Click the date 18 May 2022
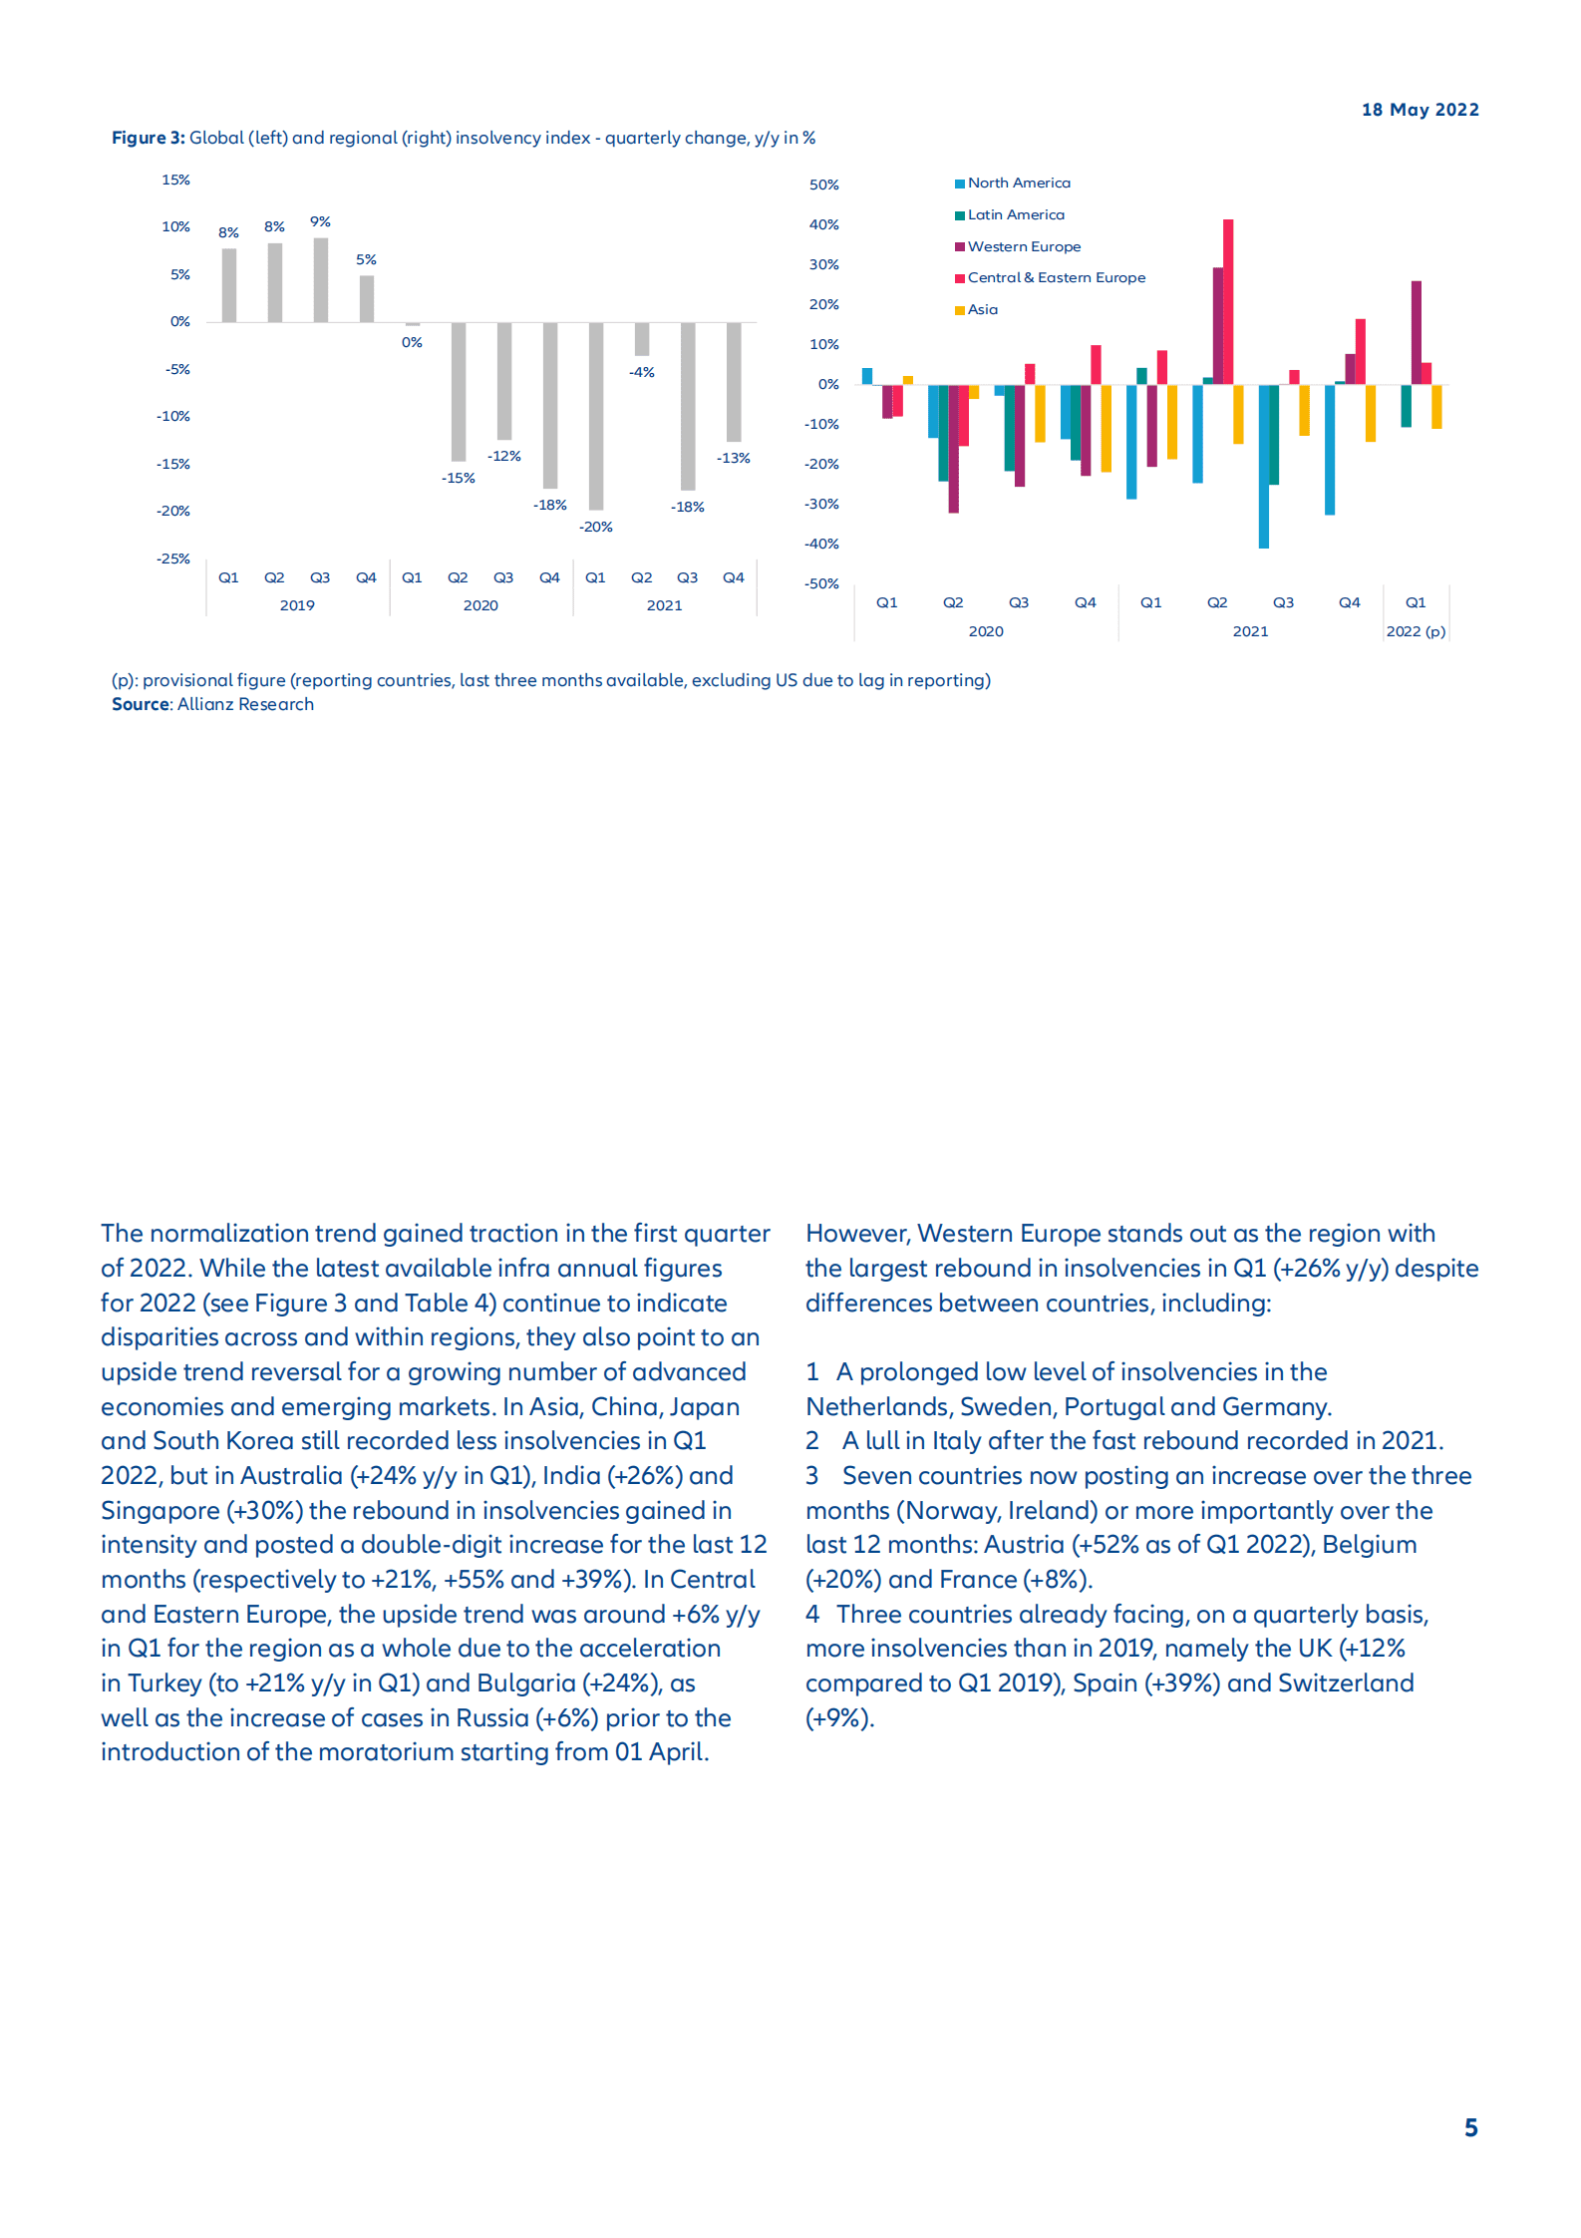point(1420,110)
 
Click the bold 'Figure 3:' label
point(148,138)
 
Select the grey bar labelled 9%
point(320,279)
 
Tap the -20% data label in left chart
point(596,527)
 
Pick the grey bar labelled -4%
point(642,339)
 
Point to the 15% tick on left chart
point(175,180)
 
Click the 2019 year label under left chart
point(297,605)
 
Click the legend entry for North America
point(1018,183)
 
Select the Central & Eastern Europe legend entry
point(1056,277)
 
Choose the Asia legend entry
point(982,309)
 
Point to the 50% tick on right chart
point(823,185)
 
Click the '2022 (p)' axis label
point(1416,631)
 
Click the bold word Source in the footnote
point(141,704)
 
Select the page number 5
point(1470,2127)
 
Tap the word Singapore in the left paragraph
point(159,1510)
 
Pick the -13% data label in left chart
point(733,458)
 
